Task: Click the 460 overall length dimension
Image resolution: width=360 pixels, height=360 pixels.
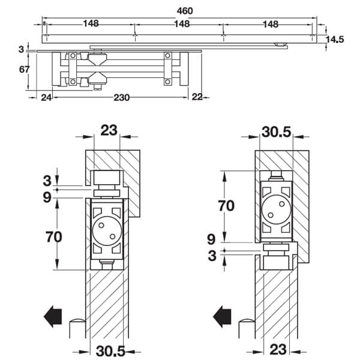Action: [185, 11]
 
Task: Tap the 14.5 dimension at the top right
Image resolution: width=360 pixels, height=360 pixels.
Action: [335, 40]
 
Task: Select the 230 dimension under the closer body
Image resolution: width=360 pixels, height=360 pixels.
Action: [122, 98]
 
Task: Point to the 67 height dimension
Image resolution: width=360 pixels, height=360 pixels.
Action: [25, 69]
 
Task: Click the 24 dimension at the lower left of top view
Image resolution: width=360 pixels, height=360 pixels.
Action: [46, 98]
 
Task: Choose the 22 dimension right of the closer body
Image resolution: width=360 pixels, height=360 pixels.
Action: [197, 97]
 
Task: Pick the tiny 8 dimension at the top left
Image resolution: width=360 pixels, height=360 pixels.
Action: [44, 23]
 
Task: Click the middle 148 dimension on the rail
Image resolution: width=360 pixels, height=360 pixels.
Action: [182, 24]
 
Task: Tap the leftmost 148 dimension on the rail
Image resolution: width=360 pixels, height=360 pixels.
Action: [91, 23]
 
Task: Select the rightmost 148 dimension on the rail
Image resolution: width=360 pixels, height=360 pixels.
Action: [271, 24]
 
